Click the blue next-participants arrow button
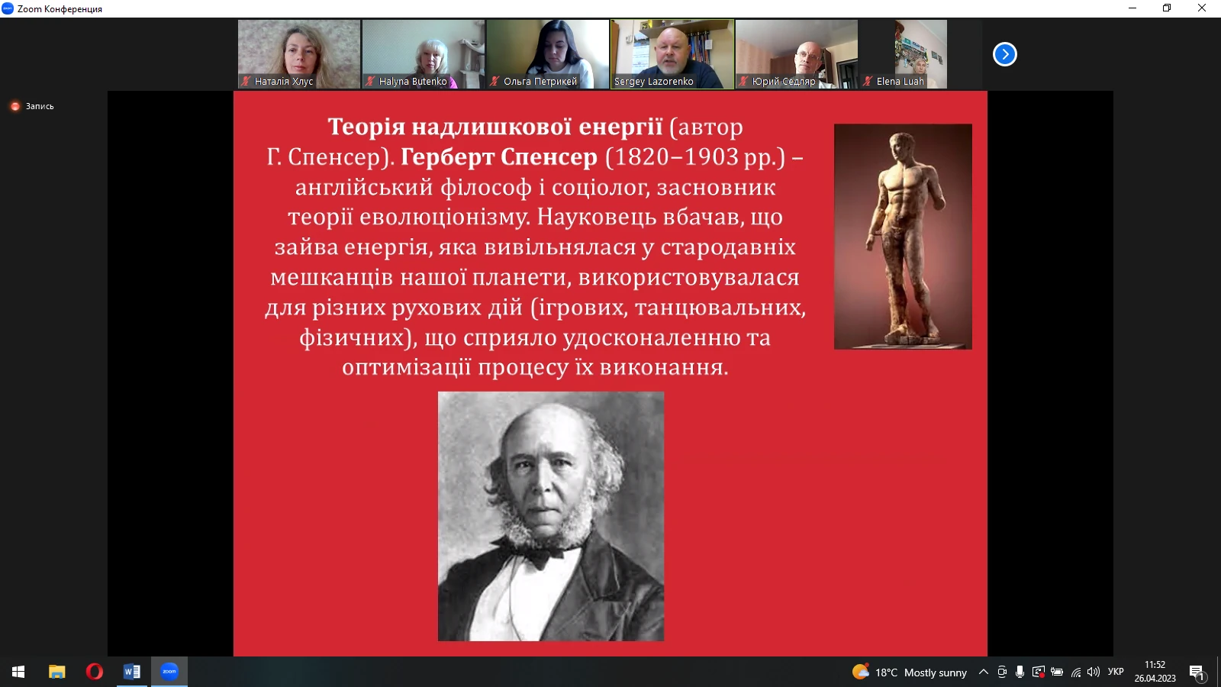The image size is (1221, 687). [1004, 54]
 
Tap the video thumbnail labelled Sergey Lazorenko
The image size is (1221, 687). [672, 54]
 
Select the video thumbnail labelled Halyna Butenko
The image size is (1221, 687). [424, 54]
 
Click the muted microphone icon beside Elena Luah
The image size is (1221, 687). [868, 81]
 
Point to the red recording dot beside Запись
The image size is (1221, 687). [15, 106]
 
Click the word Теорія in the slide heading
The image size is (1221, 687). [366, 127]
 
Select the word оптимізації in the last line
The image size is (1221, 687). [406, 367]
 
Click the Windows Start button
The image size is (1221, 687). [18, 672]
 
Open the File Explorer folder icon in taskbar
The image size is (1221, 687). [56, 672]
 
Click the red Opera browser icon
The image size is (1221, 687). [95, 672]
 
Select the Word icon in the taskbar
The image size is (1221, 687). [132, 672]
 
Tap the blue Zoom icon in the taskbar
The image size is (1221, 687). [169, 671]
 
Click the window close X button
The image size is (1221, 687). [1201, 8]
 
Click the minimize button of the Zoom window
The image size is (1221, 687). [1132, 8]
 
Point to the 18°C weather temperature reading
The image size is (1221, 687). [886, 672]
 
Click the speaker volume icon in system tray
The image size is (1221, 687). [1093, 672]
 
